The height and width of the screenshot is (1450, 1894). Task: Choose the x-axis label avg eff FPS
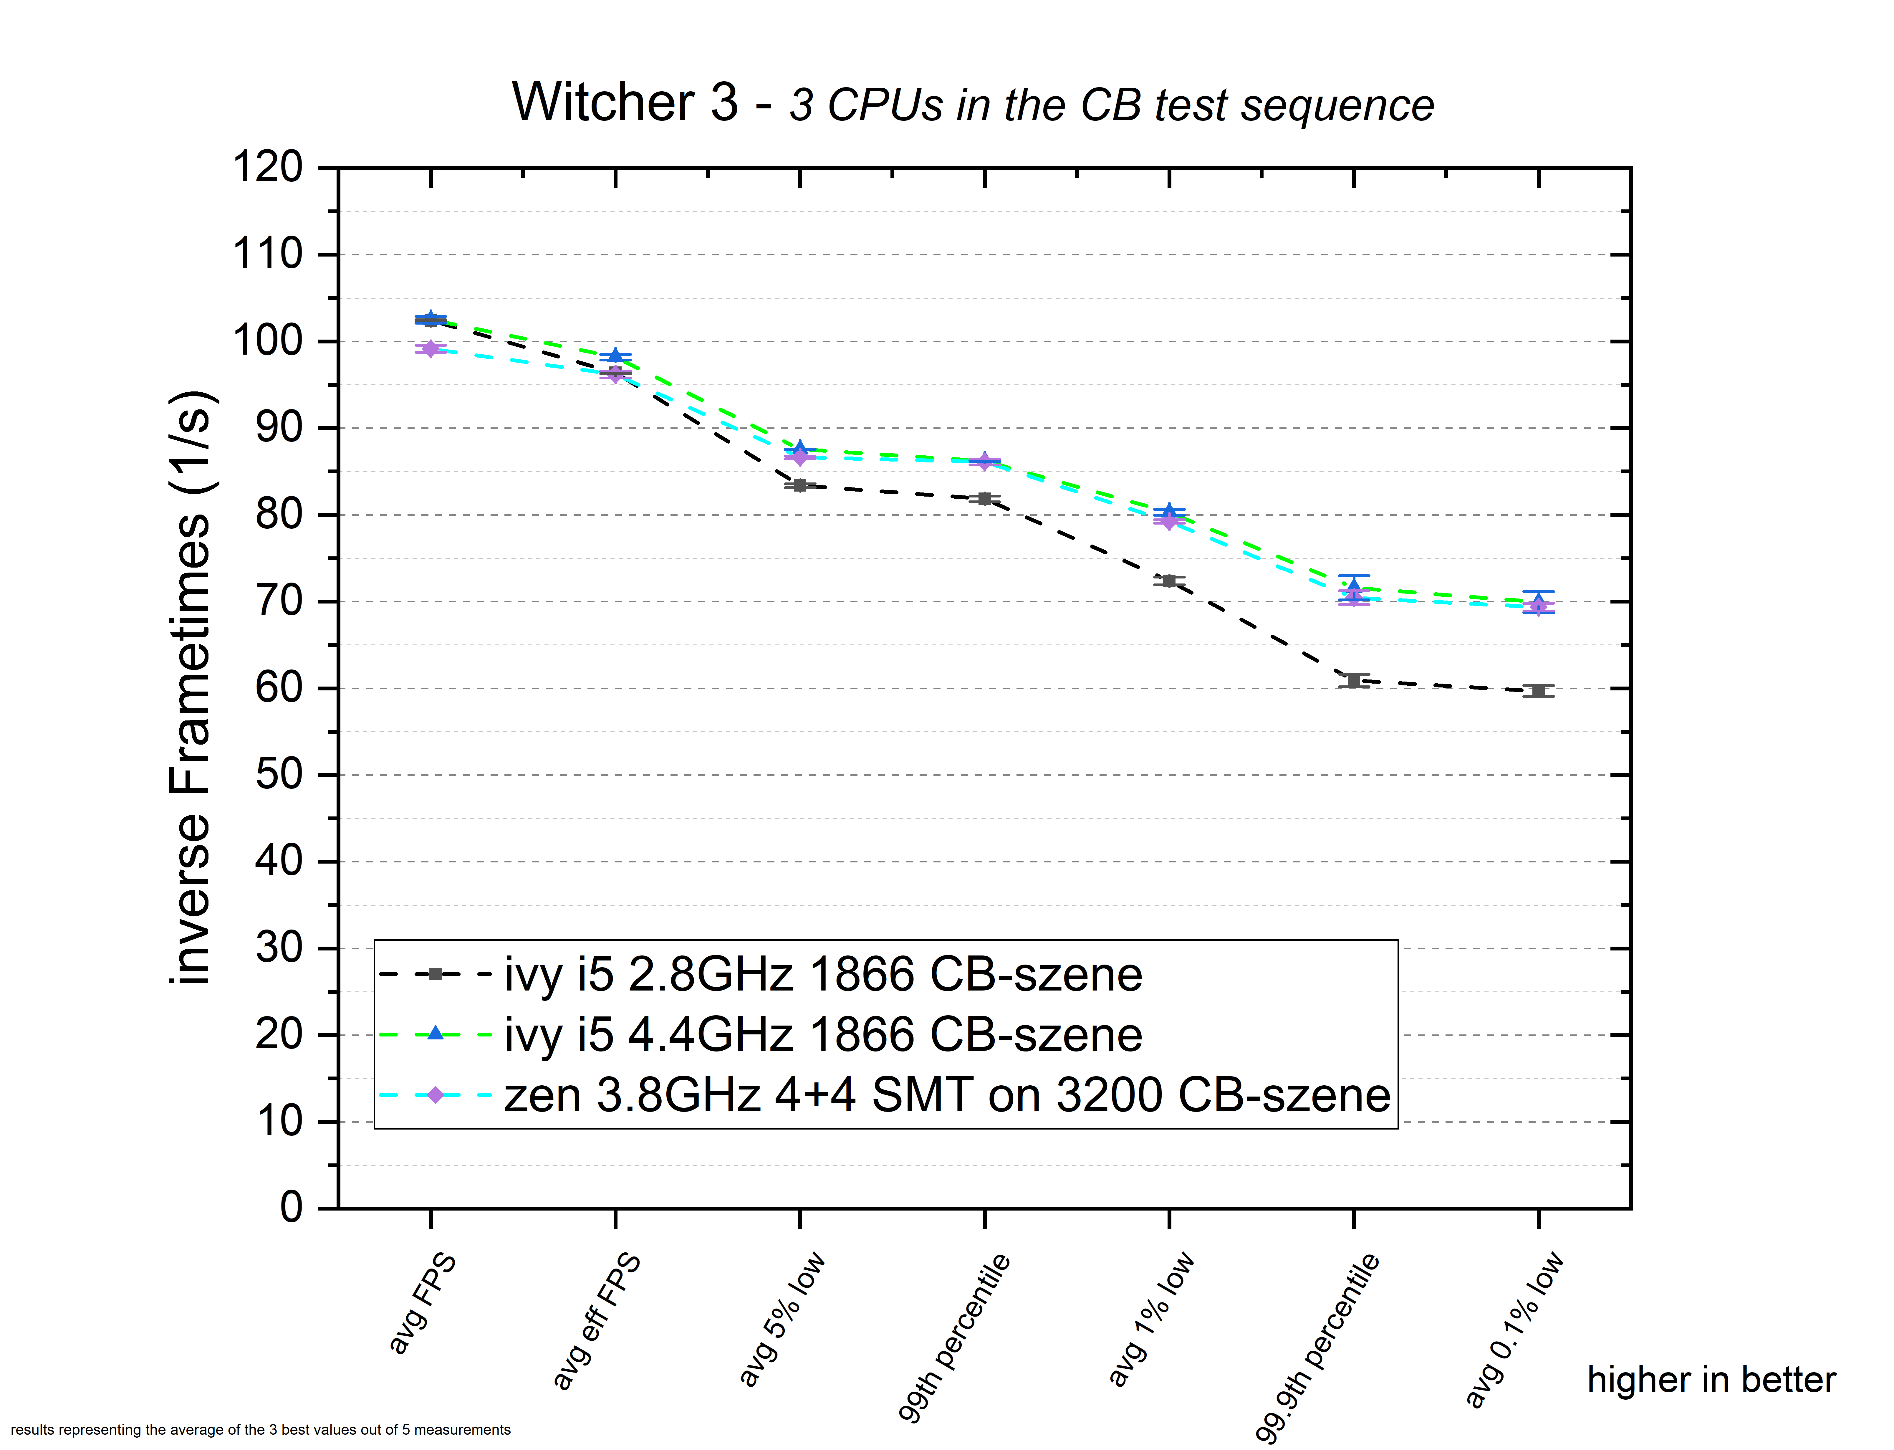click(597, 1320)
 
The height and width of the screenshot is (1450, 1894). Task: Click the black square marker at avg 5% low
click(800, 486)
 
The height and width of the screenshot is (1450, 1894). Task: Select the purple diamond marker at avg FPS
click(431, 349)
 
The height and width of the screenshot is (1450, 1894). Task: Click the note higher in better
click(1711, 1380)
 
